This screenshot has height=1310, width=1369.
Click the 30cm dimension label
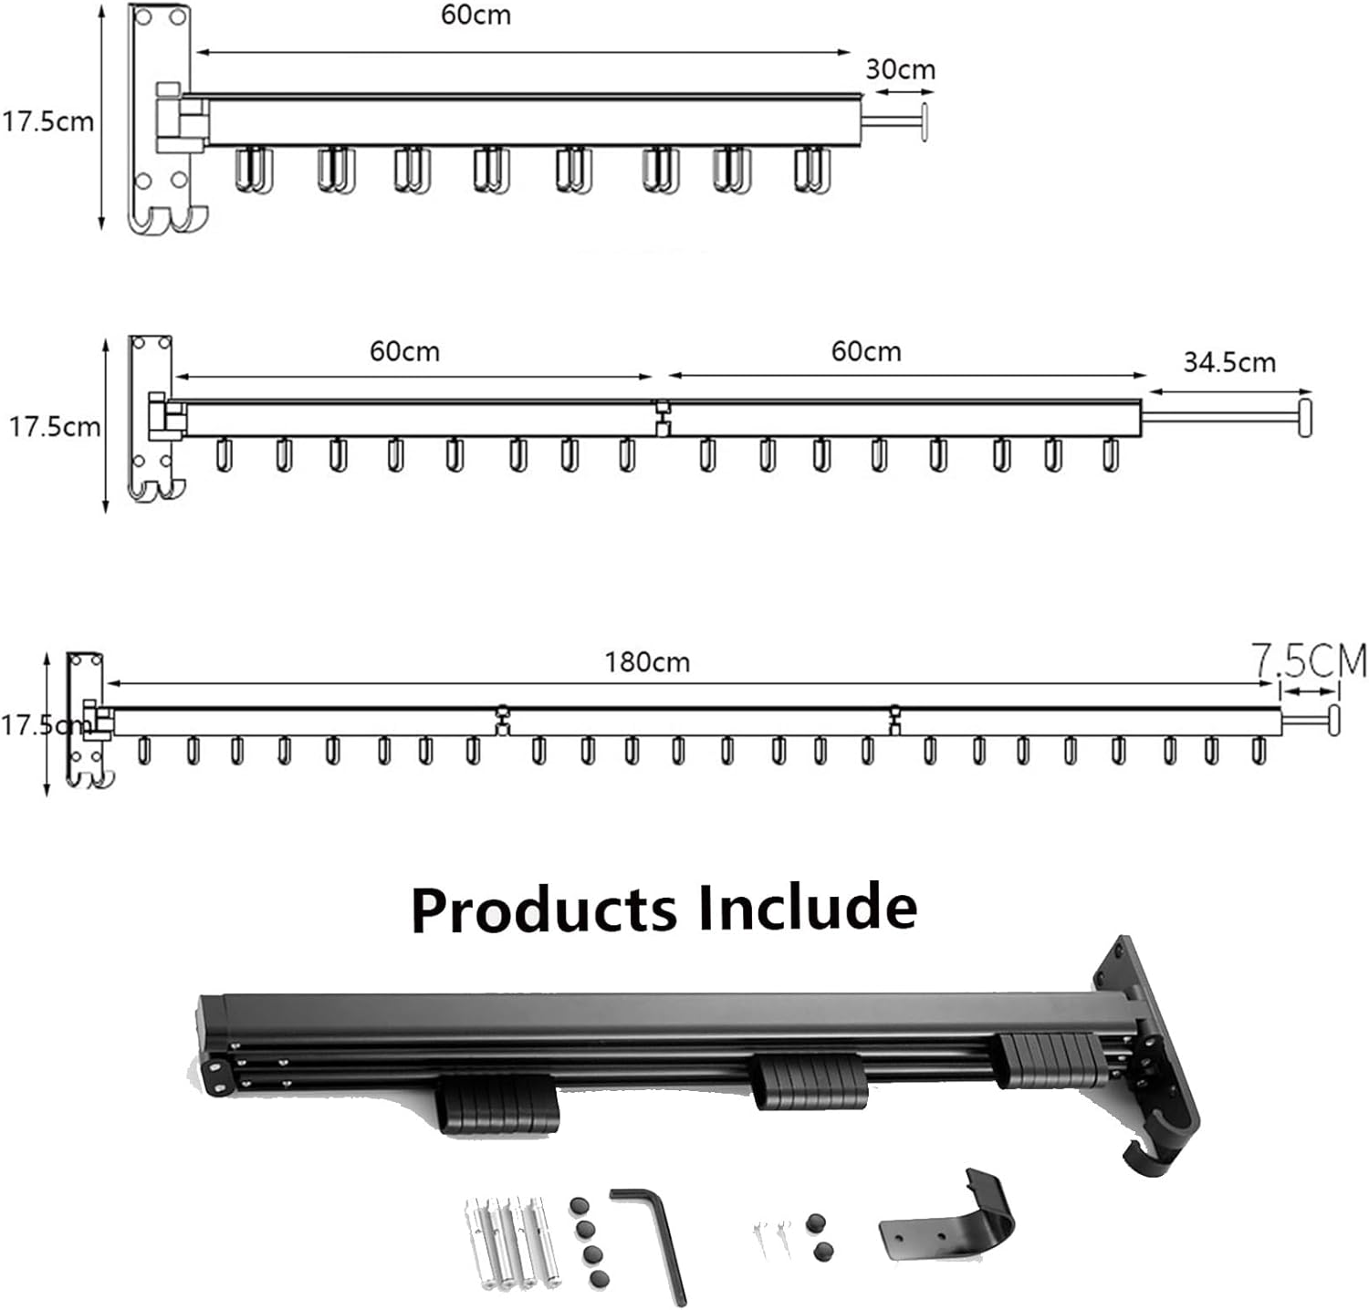(x=900, y=69)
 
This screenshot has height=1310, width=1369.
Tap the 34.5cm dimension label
(x=1228, y=362)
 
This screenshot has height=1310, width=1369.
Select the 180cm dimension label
(x=647, y=661)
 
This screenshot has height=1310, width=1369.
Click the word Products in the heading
(x=545, y=909)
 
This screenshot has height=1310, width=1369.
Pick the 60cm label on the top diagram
(x=475, y=16)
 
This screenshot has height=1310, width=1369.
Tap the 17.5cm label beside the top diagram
(x=47, y=121)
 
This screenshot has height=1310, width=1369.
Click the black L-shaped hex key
(x=650, y=1241)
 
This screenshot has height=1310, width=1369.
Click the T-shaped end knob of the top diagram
(x=925, y=122)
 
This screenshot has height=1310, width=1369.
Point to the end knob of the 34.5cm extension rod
(x=1305, y=417)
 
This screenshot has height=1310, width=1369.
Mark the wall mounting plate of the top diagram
(x=161, y=119)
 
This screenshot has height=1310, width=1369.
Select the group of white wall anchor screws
(x=514, y=1242)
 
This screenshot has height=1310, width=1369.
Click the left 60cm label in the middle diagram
(x=404, y=351)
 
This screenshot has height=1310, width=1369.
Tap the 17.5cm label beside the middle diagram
(x=55, y=426)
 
